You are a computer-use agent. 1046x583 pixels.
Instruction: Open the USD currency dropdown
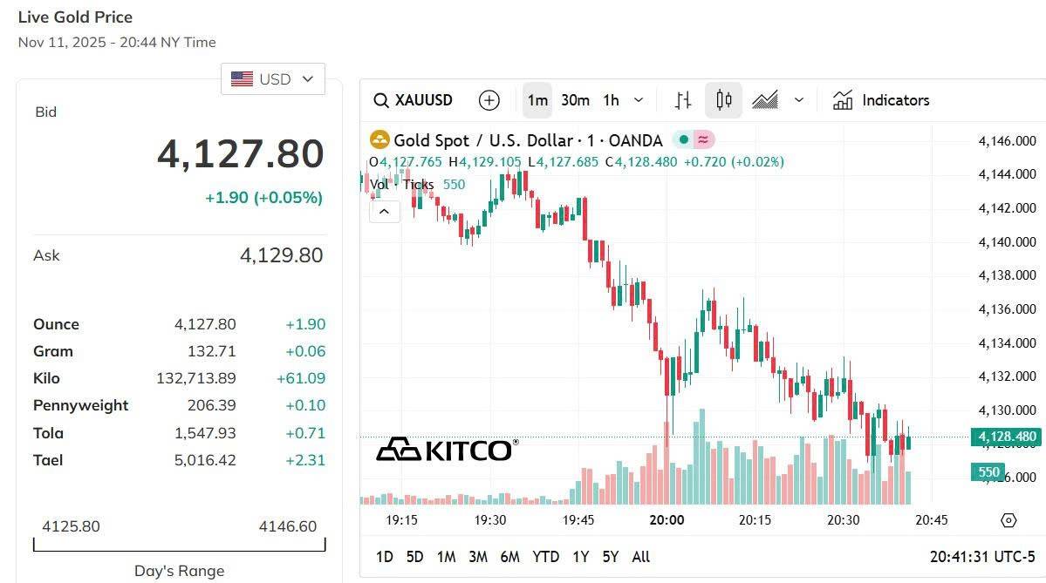coord(273,79)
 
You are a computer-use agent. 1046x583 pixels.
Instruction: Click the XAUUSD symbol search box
coord(414,100)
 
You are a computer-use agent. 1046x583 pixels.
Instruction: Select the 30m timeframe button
coord(575,100)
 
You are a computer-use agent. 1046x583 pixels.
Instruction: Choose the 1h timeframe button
coord(611,100)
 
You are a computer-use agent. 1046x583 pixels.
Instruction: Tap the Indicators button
coord(881,100)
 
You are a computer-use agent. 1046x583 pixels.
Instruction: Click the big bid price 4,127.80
coord(240,154)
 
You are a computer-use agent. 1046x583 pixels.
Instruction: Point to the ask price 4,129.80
coord(281,255)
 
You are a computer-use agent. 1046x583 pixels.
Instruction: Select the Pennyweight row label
coord(80,405)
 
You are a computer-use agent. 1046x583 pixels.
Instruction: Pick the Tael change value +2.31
coord(304,460)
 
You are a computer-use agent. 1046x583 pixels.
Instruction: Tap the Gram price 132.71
coord(211,351)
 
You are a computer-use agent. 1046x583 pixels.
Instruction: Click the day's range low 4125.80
coord(71,526)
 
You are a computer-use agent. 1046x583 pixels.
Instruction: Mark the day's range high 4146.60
coord(288,526)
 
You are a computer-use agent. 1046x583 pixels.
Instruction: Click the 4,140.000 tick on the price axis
coord(1007,242)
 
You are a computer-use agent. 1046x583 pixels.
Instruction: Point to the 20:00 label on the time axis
coord(667,520)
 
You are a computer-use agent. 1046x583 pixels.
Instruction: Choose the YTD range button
coord(545,557)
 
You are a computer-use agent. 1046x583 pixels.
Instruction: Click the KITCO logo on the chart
coord(447,450)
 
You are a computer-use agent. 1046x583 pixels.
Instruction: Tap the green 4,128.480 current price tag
coord(1007,437)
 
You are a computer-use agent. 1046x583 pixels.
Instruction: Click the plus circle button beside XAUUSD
coord(489,100)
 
